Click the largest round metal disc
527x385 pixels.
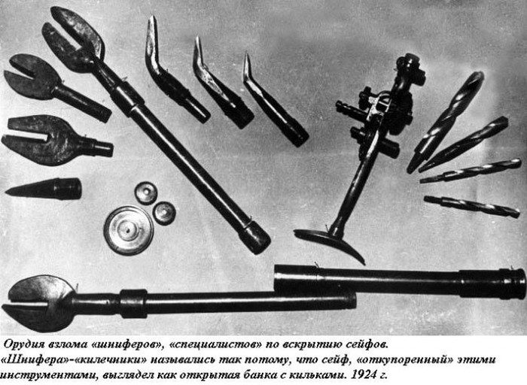point(129,231)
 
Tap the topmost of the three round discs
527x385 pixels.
point(146,192)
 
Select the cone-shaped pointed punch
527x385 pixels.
point(44,189)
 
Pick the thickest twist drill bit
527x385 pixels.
point(446,122)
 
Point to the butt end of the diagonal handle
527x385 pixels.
point(257,238)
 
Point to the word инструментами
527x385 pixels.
point(47,375)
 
